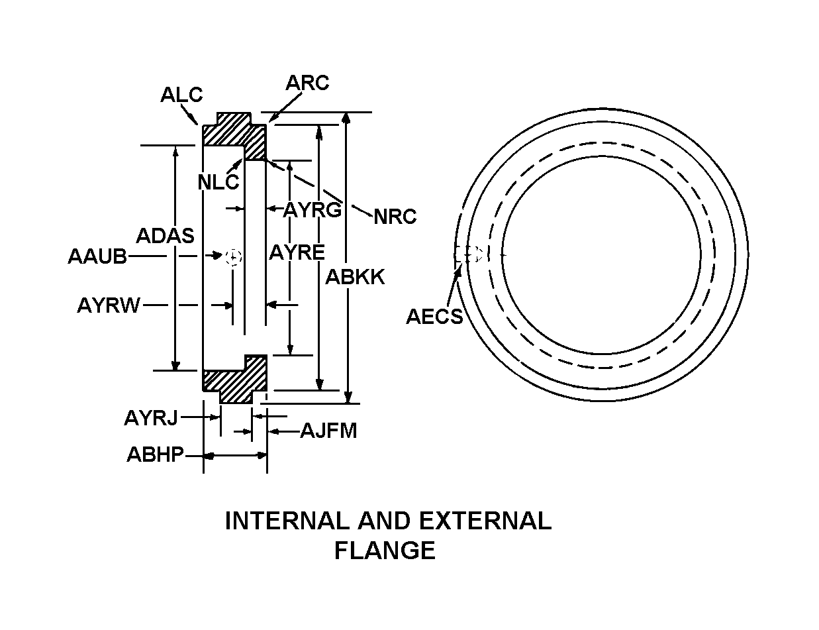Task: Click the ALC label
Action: [181, 95]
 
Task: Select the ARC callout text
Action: [307, 83]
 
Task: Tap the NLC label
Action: [218, 181]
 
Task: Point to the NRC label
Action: [395, 217]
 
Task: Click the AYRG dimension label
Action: [313, 210]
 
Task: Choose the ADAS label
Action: [165, 235]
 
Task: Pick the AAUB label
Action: [97, 256]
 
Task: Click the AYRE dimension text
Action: [297, 252]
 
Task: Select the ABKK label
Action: [355, 277]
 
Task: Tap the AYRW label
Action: [109, 305]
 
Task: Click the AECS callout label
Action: [434, 317]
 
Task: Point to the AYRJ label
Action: [151, 418]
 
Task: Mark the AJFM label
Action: [328, 431]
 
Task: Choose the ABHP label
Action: [155, 456]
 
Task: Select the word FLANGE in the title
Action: [385, 551]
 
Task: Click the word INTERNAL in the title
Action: [286, 521]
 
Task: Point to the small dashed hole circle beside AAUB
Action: [234, 256]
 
